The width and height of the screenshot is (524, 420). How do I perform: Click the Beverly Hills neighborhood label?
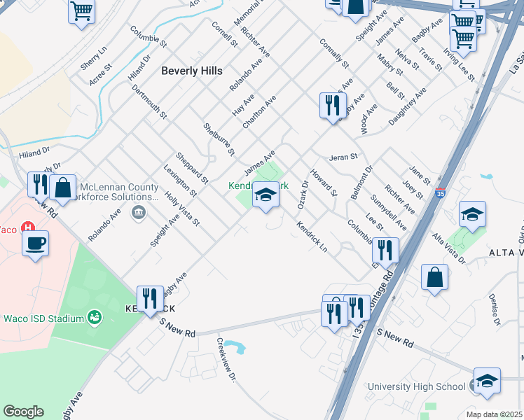click(191, 71)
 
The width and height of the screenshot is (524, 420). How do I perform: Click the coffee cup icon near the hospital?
click(35, 243)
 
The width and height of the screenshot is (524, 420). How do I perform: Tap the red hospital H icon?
click(27, 228)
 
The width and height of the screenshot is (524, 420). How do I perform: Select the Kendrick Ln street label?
click(312, 238)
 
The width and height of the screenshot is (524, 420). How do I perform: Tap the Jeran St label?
click(344, 157)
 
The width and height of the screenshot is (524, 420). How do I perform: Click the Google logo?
click(23, 412)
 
